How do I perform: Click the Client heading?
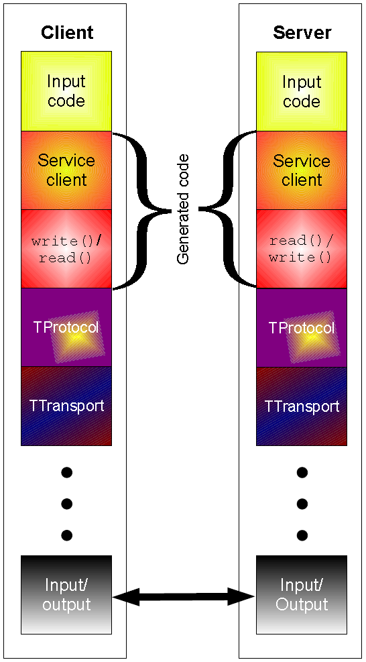pos(67,32)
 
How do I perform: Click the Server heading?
pos(302,32)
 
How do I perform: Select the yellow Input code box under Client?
pos(66,91)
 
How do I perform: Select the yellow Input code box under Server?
pos(302,91)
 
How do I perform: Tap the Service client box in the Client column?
pos(66,170)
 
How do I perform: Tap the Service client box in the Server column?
pos(302,170)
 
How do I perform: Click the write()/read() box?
pos(66,249)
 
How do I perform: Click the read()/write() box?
pos(302,249)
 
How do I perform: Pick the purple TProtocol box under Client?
pos(66,327)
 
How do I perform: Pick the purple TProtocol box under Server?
pos(302,327)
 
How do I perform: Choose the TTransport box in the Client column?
pos(66,406)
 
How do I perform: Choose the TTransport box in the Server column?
pos(302,406)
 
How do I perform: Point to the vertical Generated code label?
pos(183,209)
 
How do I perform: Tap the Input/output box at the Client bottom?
pos(66,594)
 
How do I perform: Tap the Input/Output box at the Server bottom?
pos(302,594)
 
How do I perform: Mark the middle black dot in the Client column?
pos(66,504)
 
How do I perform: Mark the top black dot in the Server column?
pos(302,472)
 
